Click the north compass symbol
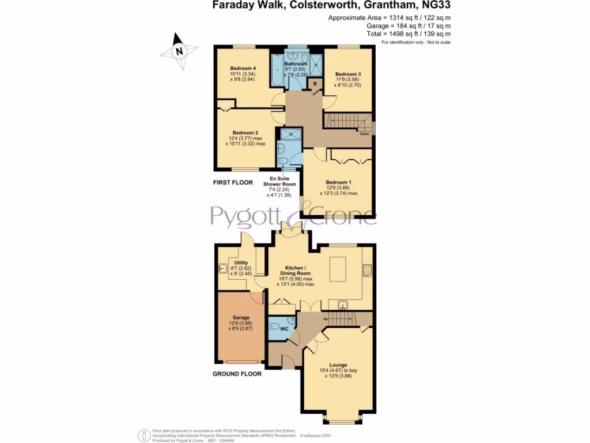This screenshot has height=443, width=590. coord(179,50)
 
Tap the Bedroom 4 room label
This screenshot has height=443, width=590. coord(243,69)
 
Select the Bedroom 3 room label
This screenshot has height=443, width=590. coord(348,74)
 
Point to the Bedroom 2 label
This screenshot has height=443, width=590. coord(244,133)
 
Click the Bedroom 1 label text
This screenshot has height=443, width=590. coord(338,182)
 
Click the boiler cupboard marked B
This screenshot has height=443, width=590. coord(315,84)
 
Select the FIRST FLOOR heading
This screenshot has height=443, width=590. coord(233,182)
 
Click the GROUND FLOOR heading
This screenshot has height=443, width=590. coord(237,374)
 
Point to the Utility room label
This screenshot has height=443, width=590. coord(241,263)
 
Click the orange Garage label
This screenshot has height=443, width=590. coord(241,317)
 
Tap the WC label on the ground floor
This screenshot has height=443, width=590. coord(284,329)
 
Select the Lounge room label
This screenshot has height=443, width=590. coord(338,365)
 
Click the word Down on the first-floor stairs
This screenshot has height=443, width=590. coord(364,134)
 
